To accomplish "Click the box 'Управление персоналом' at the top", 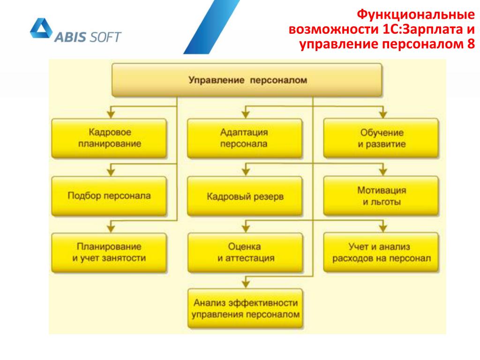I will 247,80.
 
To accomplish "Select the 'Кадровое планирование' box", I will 109,138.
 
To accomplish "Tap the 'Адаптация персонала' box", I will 244,138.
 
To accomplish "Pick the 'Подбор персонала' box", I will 109,196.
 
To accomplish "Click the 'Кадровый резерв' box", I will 244,196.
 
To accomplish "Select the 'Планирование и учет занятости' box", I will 109,252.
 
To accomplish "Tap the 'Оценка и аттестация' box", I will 244,253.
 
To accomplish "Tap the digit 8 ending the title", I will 471,44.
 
